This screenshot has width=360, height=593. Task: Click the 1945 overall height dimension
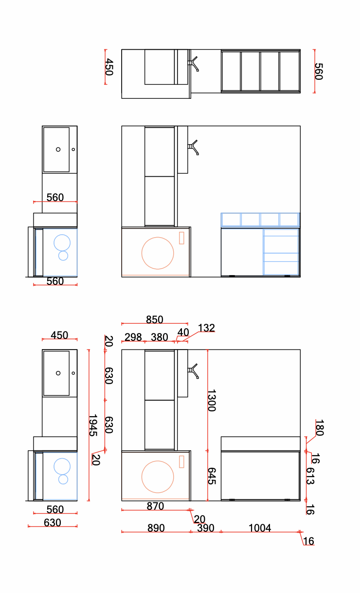[x=93, y=425]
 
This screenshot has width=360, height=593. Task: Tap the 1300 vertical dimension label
[x=212, y=400]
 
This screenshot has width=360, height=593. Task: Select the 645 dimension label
[x=212, y=476]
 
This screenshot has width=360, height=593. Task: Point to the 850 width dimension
[x=155, y=319]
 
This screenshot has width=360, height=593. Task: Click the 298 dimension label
[x=133, y=337]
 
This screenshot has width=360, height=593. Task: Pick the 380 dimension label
[x=160, y=337]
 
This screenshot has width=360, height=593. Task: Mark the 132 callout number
[x=206, y=328]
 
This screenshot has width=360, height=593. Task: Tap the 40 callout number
[x=183, y=332]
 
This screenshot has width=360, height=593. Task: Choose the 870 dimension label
[x=155, y=506]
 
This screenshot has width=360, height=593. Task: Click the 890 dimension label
[x=156, y=528]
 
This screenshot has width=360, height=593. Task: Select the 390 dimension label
[x=205, y=528]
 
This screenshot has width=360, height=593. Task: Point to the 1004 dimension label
[x=260, y=528]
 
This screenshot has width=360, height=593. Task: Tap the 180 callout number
[x=320, y=427]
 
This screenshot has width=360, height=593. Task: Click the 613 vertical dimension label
[x=310, y=476]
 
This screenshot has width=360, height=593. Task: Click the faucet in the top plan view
[x=193, y=63]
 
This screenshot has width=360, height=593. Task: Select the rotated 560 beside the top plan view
[x=319, y=71]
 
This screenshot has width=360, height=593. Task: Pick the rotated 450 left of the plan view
[x=109, y=67]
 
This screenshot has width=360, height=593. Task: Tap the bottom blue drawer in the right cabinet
[x=281, y=268]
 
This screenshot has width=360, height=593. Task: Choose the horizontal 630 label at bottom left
[x=53, y=522]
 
